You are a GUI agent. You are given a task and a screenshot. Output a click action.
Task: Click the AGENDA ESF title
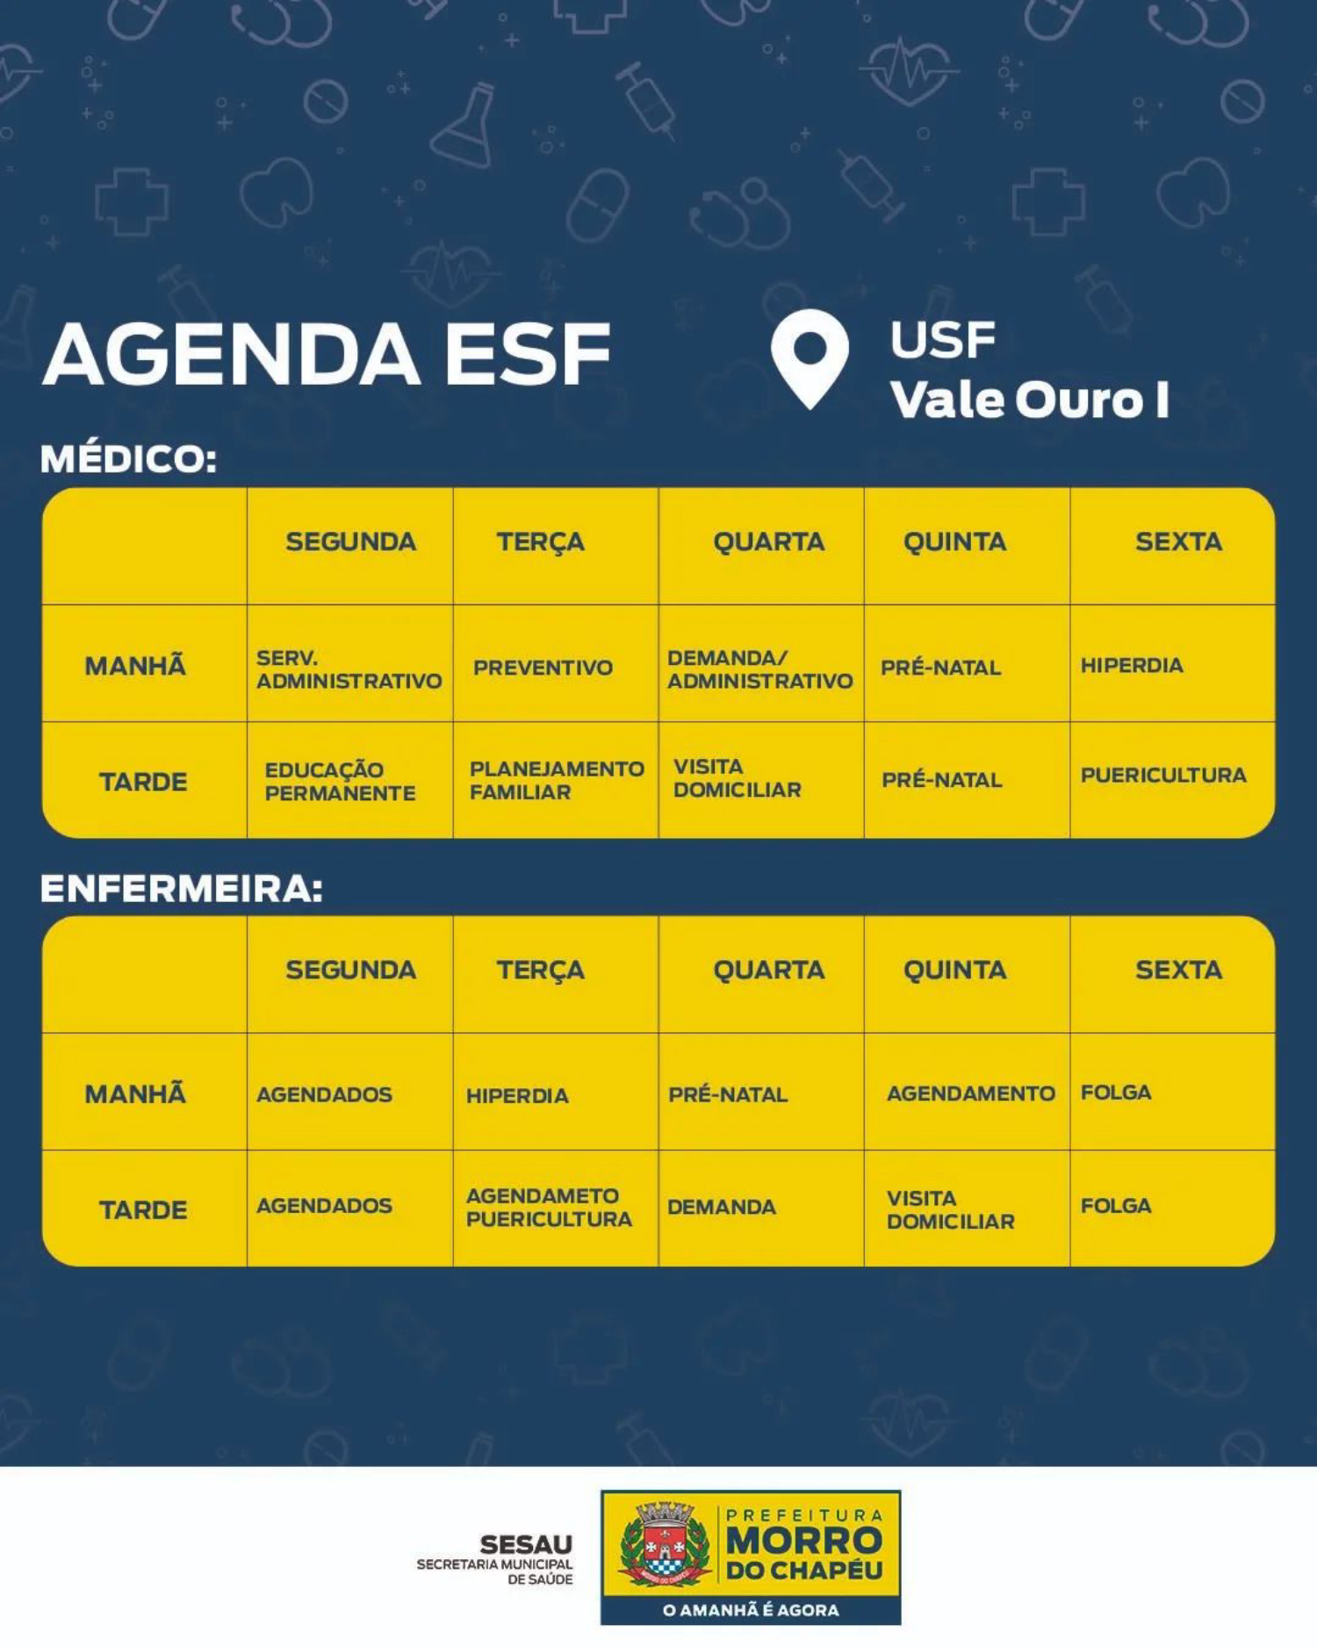327,354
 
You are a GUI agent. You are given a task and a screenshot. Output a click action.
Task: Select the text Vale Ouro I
1030,401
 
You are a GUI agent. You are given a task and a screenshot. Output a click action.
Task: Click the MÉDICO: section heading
129,459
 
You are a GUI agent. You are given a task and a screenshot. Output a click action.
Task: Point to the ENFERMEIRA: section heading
182,889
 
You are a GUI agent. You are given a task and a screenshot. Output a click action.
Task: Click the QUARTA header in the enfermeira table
769,970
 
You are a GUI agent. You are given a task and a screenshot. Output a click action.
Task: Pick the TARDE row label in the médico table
143,782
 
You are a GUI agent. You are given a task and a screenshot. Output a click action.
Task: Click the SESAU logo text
526,1544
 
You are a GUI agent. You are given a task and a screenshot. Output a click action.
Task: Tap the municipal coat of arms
665,1543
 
